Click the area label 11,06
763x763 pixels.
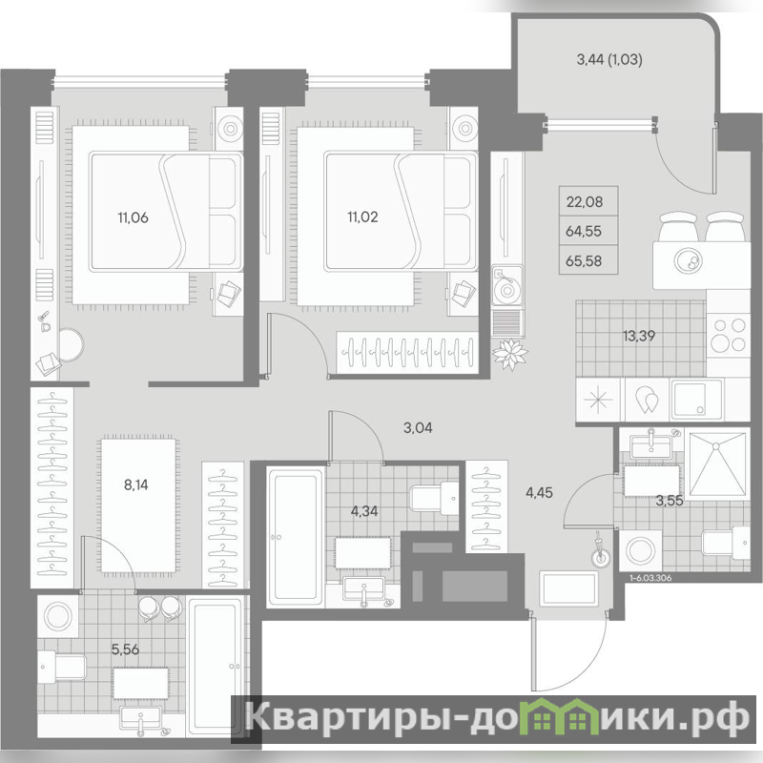coord(133,217)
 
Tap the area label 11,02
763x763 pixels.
coord(362,217)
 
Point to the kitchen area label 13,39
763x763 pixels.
coord(639,336)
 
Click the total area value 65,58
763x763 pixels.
coord(584,261)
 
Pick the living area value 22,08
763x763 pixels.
coord(585,201)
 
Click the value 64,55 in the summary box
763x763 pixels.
coord(584,231)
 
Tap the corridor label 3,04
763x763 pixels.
coord(418,427)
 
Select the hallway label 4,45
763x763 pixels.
coord(539,493)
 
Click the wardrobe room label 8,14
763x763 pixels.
coord(135,485)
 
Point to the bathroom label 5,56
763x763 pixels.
coord(125,650)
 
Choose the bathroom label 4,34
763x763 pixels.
coord(364,511)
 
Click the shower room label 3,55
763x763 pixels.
coord(670,500)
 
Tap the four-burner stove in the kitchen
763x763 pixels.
coord(728,335)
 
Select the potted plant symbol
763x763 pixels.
coord(509,354)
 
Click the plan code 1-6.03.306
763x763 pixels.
coord(650,578)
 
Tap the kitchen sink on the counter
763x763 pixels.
coord(695,399)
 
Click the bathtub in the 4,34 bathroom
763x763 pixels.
coord(295,537)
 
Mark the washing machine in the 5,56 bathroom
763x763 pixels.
coord(58,616)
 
